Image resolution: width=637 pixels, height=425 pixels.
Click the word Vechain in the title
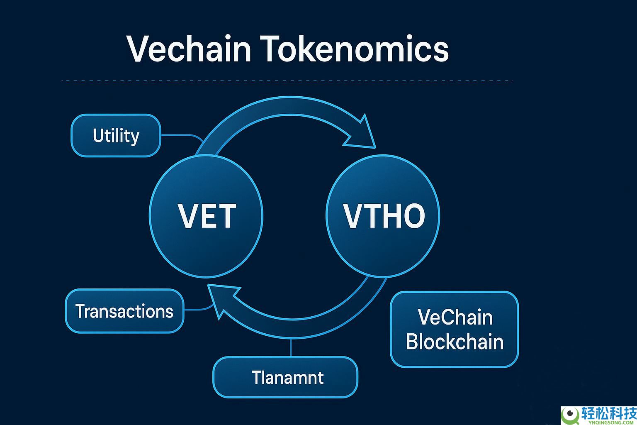(x=189, y=49)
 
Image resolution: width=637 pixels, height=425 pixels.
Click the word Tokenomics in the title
(x=355, y=49)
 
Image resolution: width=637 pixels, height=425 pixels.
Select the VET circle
(x=206, y=216)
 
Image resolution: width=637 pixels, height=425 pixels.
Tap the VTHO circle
(x=383, y=216)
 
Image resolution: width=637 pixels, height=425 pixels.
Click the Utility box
(x=116, y=136)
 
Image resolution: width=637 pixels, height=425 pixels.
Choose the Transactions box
(x=124, y=311)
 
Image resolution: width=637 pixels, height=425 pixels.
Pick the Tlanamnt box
(x=285, y=377)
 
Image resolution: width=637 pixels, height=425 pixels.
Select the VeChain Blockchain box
(x=455, y=329)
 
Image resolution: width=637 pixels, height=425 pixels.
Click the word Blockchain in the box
(x=455, y=342)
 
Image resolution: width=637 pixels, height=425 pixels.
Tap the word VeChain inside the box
(x=455, y=318)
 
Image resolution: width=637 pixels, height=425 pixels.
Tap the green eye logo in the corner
(x=571, y=415)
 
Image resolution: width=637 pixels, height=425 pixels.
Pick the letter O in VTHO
(x=413, y=216)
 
